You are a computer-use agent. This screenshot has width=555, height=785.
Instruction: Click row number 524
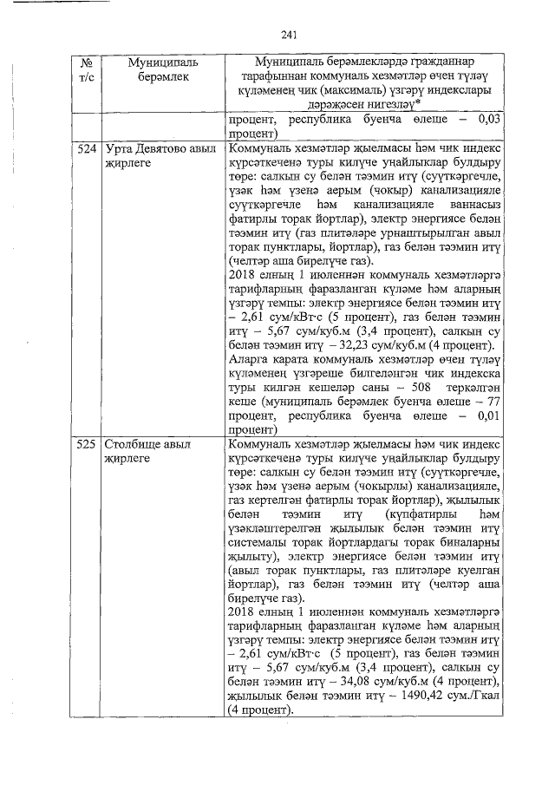click(85, 149)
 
